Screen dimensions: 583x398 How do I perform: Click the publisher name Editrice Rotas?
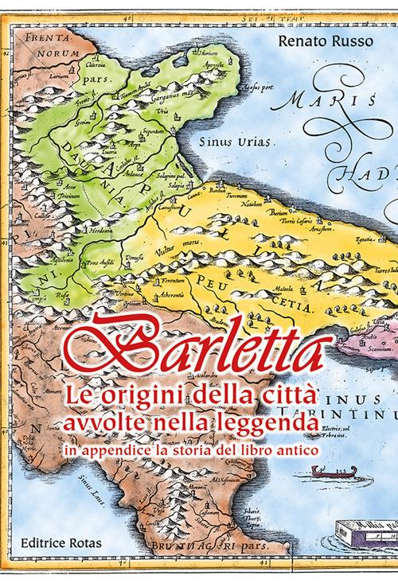[57, 546]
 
